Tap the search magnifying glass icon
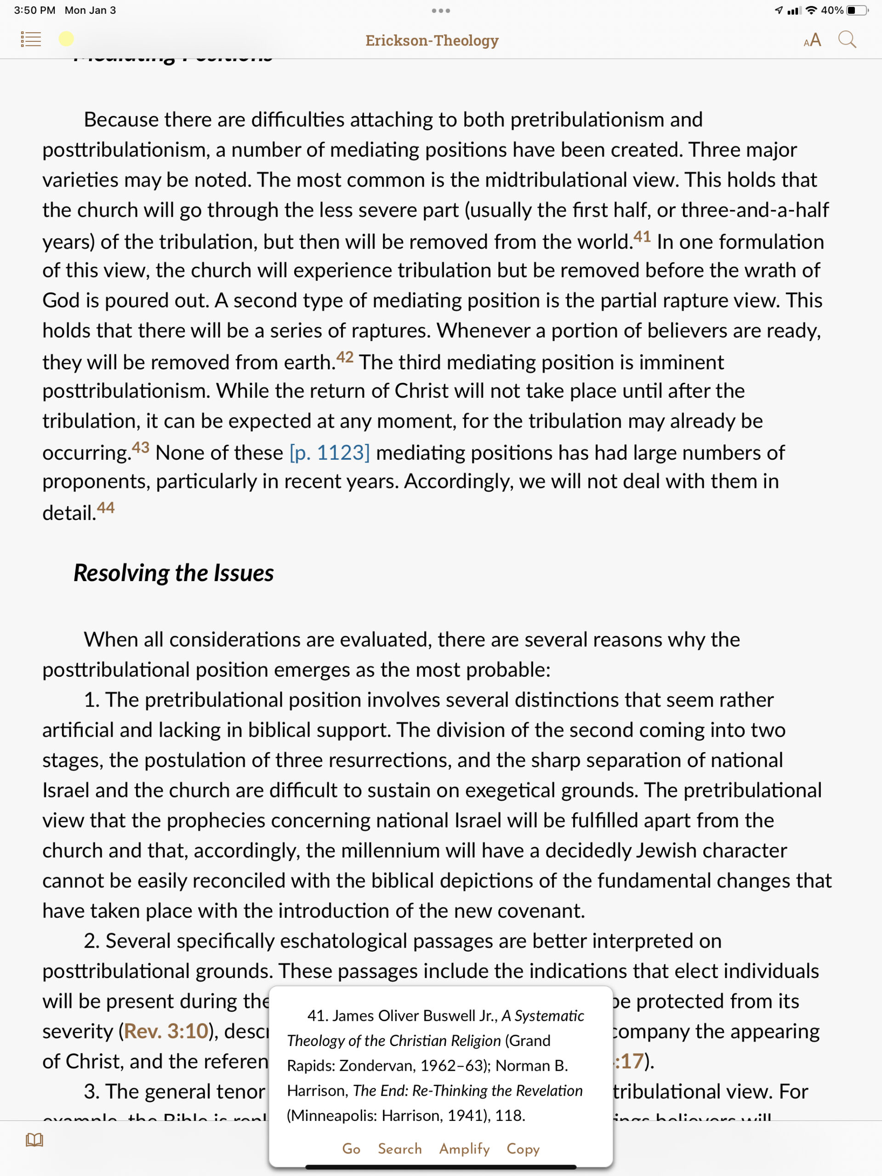847,40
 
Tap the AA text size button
812,40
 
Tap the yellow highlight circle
67,39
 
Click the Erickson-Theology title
432,40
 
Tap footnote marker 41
642,236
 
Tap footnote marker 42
345,357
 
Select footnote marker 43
141,447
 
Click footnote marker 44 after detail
106,508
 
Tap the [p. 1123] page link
329,453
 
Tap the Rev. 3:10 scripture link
166,1031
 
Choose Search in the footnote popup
399,1149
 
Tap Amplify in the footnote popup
464,1149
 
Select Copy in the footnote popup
523,1149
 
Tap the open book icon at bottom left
34,1140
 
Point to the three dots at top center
441,11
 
